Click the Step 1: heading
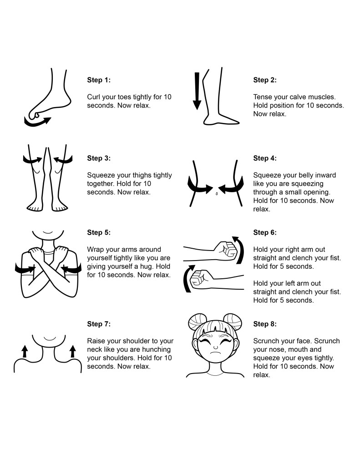click(x=99, y=80)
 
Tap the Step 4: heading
click(x=265, y=159)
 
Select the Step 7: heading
click(x=99, y=324)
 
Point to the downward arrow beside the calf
click(x=197, y=91)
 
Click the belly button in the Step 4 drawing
click(x=217, y=194)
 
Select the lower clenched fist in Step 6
click(x=201, y=279)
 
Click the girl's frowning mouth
click(x=216, y=353)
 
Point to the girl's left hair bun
click(x=198, y=321)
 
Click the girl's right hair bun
click(x=232, y=322)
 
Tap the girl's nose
click(x=216, y=347)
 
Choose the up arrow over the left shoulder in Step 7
click(x=25, y=351)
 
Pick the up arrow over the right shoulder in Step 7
click(x=72, y=351)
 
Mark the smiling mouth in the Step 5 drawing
click(x=48, y=232)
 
